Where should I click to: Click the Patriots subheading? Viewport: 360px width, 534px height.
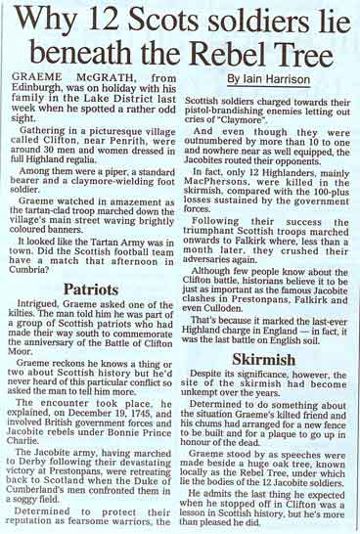pyautogui.click(x=93, y=262)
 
